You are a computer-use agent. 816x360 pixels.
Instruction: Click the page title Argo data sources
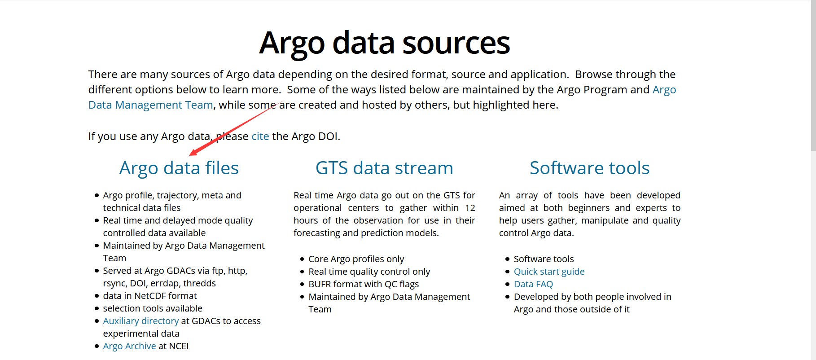click(384, 43)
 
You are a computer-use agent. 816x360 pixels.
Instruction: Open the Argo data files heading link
click(179, 168)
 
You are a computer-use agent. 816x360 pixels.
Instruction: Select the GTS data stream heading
click(384, 168)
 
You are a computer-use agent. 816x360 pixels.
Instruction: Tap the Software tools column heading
click(589, 168)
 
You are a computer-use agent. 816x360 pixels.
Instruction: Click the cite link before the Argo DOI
click(260, 136)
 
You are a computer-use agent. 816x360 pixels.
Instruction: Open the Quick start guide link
click(549, 272)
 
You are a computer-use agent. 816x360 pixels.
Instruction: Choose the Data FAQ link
click(533, 284)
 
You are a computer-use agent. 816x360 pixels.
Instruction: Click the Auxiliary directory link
click(141, 321)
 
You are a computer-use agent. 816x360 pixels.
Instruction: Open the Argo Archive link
click(129, 346)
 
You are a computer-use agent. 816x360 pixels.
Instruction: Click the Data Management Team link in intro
click(150, 105)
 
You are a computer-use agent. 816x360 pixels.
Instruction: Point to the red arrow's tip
click(190, 155)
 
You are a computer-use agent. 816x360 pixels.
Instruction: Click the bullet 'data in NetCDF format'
click(150, 296)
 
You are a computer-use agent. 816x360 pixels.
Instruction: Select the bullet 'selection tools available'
click(153, 308)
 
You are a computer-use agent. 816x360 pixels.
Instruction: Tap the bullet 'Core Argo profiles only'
click(356, 259)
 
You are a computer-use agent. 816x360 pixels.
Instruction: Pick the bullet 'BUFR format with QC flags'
click(364, 284)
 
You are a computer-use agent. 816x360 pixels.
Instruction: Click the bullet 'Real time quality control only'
click(369, 272)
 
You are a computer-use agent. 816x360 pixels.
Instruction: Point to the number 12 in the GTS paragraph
click(470, 208)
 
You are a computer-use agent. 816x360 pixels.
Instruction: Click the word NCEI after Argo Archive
click(179, 346)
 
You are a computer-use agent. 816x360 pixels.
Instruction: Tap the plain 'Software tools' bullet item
click(544, 259)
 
